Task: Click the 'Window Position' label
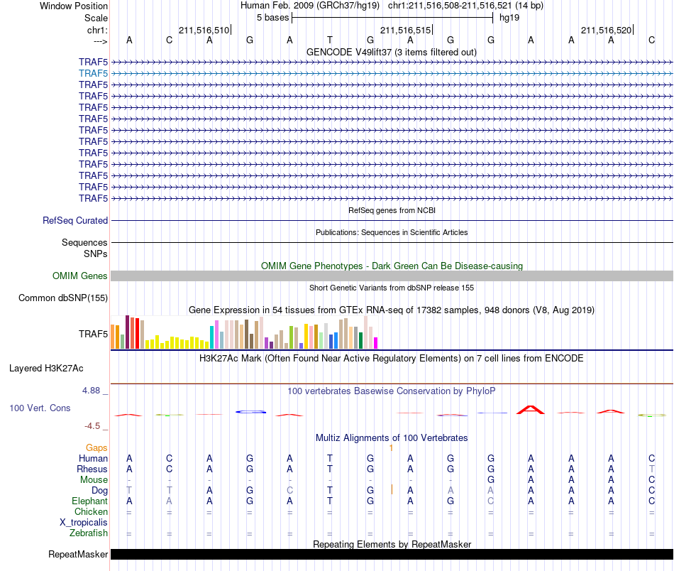[74, 6]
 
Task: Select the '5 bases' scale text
[273, 18]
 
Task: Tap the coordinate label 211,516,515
[405, 30]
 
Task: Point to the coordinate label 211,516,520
[606, 30]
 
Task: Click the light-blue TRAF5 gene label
[93, 74]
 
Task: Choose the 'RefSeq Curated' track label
[75, 220]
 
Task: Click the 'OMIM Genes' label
[80, 276]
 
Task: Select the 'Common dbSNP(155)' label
[63, 298]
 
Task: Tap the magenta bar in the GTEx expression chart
[376, 343]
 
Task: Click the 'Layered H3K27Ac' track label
[46, 369]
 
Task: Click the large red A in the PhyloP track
[531, 410]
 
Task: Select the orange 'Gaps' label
[96, 448]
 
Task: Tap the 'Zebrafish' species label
[89, 533]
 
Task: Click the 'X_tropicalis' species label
[84, 523]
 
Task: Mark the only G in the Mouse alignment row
[491, 479]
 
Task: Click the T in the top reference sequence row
[330, 40]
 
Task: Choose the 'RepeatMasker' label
[78, 554]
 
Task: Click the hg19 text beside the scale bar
[509, 18]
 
